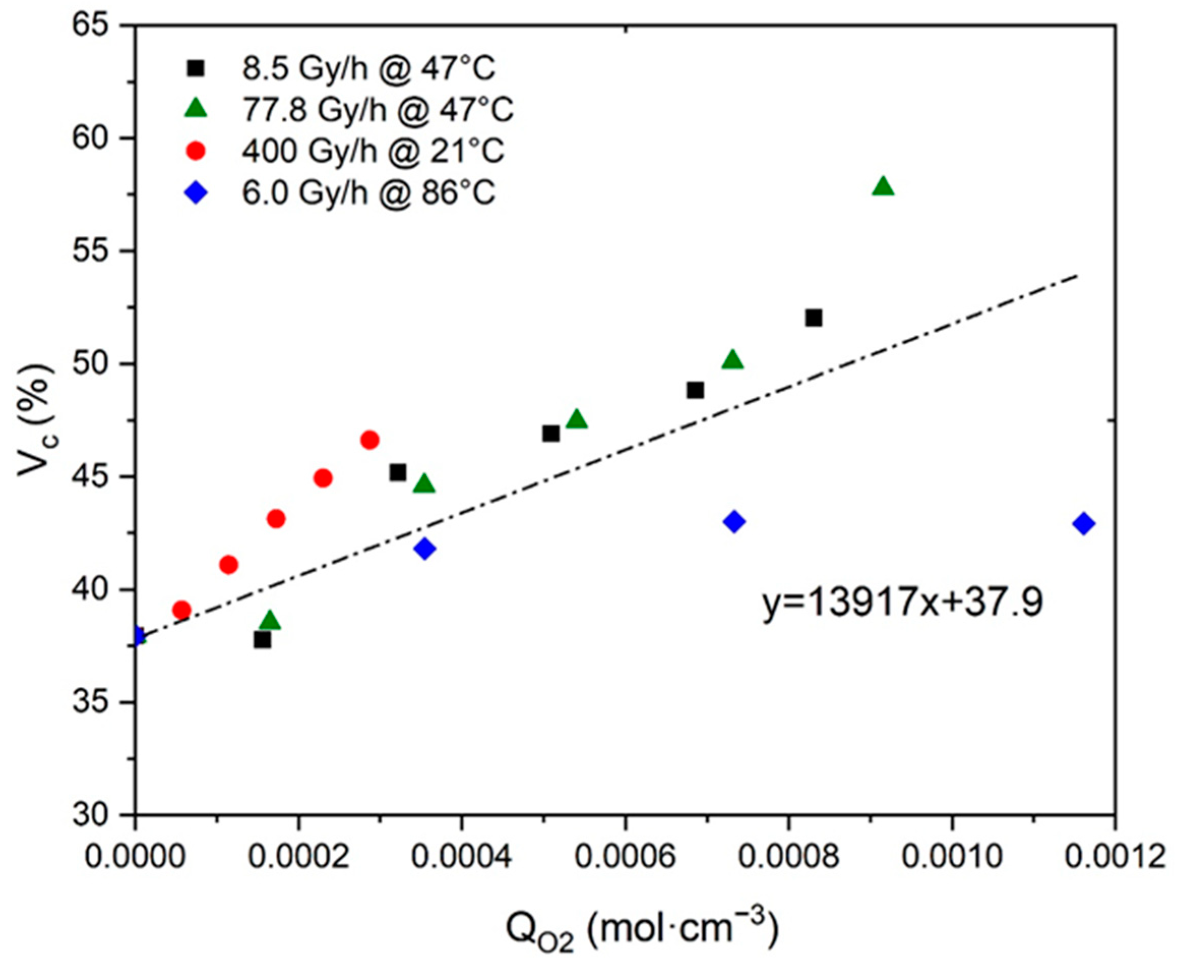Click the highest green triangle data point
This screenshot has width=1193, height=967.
[884, 187]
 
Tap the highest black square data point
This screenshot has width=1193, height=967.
[814, 318]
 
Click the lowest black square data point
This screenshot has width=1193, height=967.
[262, 641]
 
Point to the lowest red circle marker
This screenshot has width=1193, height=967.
[181, 610]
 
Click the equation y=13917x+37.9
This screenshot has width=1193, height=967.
[902, 603]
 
